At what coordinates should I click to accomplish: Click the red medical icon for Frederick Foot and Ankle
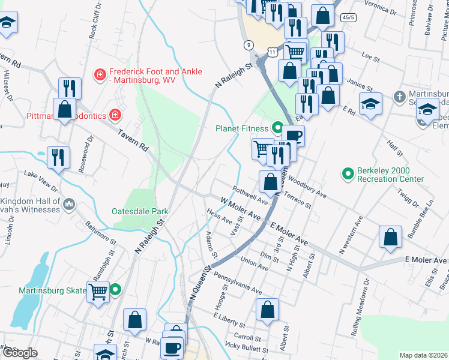(100, 74)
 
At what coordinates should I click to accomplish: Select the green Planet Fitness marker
(277, 128)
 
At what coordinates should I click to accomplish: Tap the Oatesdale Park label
(140, 211)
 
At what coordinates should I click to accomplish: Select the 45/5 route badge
(348, 18)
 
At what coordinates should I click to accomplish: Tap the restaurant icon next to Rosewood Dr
(58, 157)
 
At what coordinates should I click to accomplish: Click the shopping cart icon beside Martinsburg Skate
(98, 292)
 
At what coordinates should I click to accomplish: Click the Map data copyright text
(423, 355)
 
